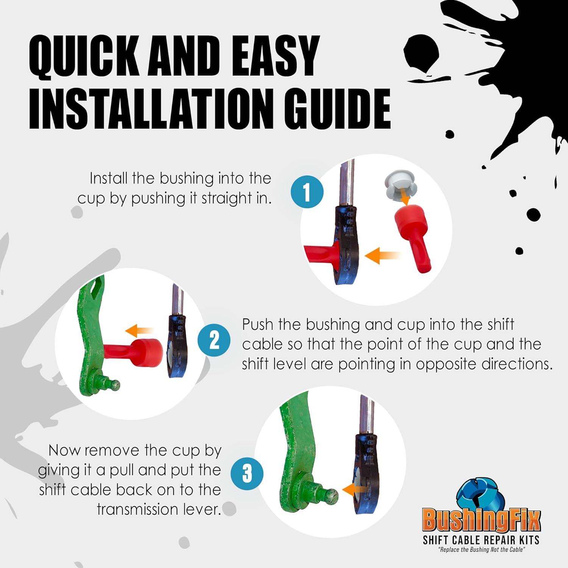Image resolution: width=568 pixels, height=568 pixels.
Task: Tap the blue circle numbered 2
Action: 214,340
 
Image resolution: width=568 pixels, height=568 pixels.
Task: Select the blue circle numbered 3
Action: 247,473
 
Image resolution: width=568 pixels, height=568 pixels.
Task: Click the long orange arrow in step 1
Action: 382,256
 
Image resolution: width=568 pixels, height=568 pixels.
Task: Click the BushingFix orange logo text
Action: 481,520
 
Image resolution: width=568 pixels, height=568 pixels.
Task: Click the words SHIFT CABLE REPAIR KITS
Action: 481,540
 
